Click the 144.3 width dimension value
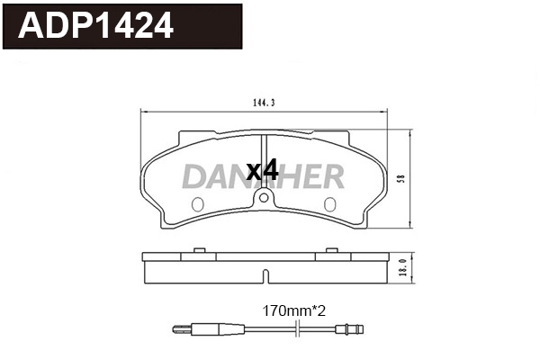pyautogui.click(x=264, y=103)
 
